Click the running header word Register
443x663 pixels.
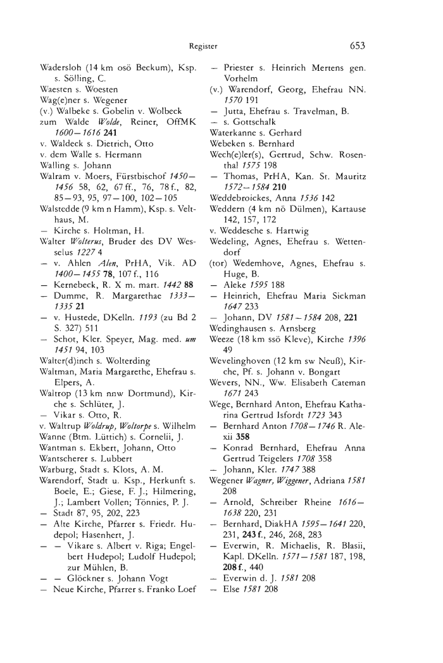[x=202, y=46]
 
